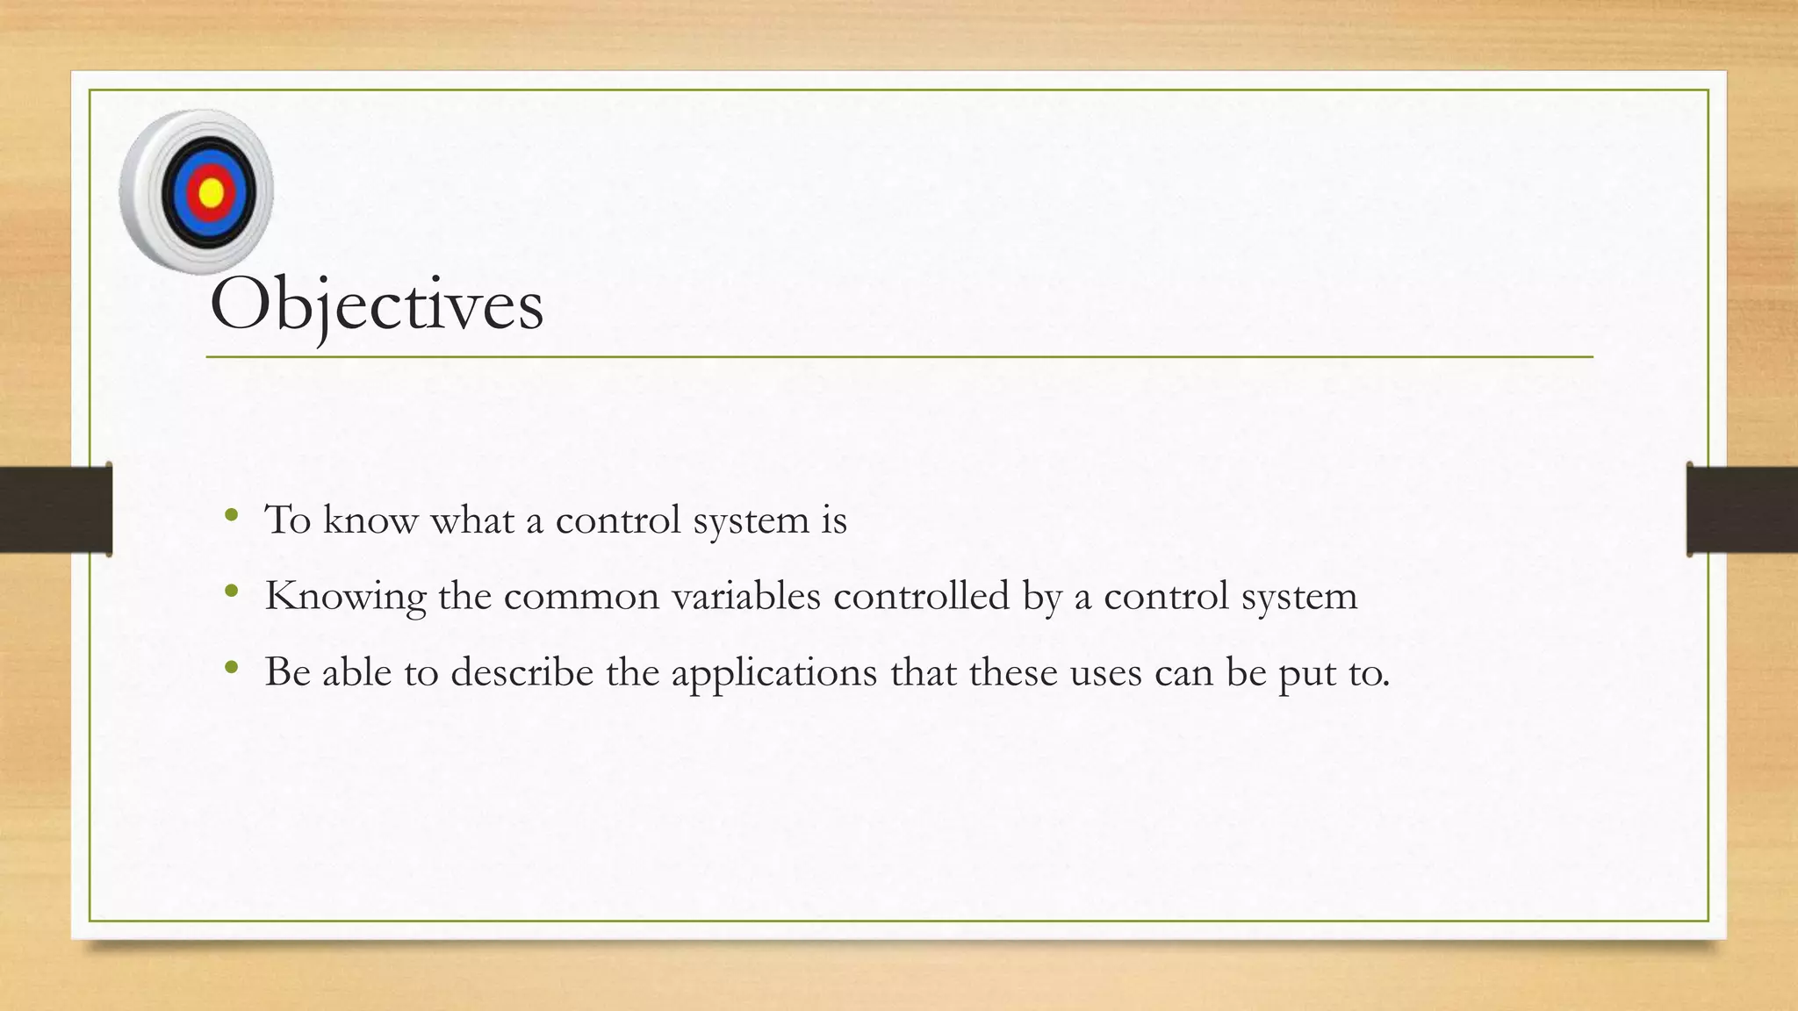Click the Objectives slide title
click(377, 305)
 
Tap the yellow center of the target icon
click(212, 191)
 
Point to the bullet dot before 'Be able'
click(231, 668)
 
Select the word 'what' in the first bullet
click(471, 520)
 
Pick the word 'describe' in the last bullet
click(522, 672)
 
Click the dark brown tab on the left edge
click(55, 509)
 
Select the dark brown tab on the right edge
click(1742, 509)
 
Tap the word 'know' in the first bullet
click(370, 520)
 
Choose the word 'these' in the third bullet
click(1013, 672)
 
